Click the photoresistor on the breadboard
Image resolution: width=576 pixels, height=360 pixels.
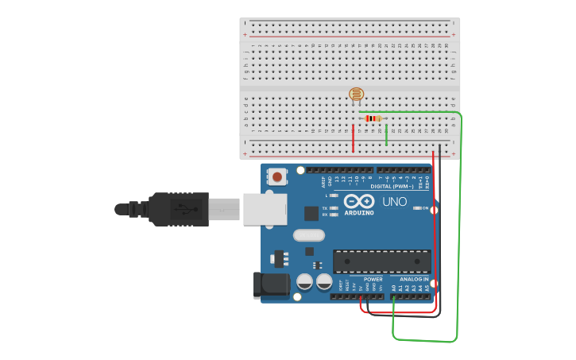pos(357,95)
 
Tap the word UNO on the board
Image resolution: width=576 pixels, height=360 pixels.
pos(394,202)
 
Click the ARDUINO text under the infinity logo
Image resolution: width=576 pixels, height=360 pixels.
pos(359,213)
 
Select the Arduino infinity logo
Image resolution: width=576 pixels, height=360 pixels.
pos(359,201)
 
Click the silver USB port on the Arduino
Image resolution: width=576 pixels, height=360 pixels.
pos(265,209)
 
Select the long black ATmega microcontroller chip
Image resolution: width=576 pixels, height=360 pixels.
pos(381,261)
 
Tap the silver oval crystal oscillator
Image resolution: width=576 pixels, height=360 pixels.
pos(309,235)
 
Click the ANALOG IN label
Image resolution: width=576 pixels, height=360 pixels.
pos(414,280)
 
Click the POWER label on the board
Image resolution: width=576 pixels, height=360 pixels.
pos(373,280)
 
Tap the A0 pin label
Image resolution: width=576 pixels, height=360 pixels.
pos(393,288)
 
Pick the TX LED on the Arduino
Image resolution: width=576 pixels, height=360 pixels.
pos(334,207)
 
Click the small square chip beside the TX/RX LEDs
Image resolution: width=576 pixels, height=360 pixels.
pos(311,213)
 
